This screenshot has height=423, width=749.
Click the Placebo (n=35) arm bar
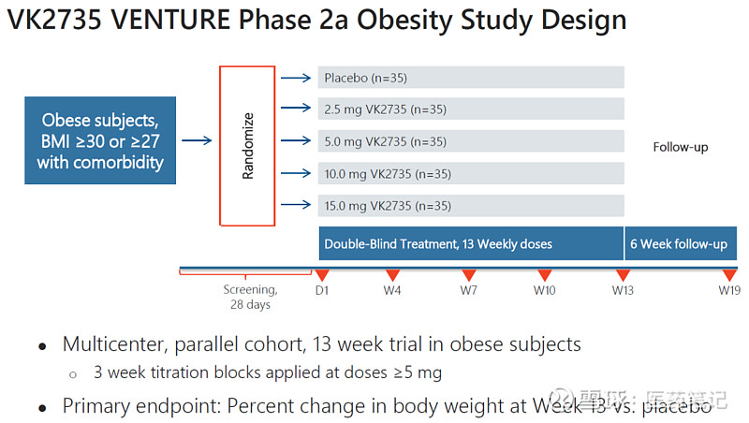tap(471, 78)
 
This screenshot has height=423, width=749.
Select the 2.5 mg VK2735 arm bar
tap(471, 109)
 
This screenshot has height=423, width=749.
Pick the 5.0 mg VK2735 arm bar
tap(471, 141)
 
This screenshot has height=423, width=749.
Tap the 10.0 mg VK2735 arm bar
tap(471, 173)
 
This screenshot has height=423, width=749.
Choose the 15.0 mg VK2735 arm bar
tap(471, 206)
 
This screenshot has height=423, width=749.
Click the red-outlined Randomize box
tap(247, 146)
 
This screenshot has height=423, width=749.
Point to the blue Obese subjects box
tap(100, 140)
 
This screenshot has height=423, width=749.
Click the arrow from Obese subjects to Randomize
tap(197, 141)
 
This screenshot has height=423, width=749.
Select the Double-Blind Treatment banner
tap(471, 244)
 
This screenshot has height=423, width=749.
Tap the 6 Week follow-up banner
tap(678, 244)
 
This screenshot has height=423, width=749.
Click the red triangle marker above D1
tap(321, 274)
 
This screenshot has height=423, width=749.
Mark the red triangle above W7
tap(468, 274)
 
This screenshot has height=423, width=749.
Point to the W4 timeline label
tap(392, 290)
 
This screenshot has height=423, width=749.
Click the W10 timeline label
tap(544, 290)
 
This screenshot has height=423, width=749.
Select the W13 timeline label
tap(623, 290)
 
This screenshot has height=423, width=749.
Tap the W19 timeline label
tap(729, 290)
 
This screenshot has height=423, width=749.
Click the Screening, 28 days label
tap(250, 297)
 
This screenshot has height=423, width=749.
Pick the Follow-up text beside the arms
tap(680, 147)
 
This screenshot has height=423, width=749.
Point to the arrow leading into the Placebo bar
tap(297, 78)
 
